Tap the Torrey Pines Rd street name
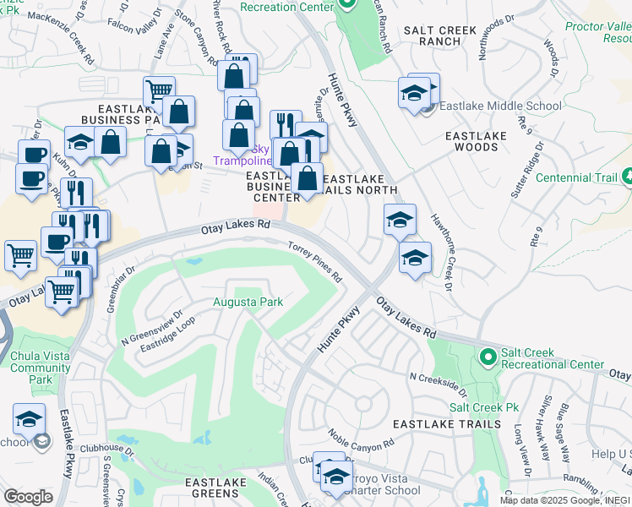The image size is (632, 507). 315,263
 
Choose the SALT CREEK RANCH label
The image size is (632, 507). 444,35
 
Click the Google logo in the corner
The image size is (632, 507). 28,497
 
